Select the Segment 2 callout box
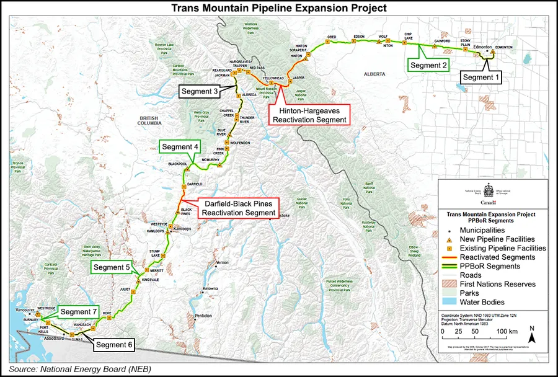[427, 65]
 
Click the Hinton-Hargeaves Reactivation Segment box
[308, 113]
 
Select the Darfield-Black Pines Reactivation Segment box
[238, 208]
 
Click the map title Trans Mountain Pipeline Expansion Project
[279, 8]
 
